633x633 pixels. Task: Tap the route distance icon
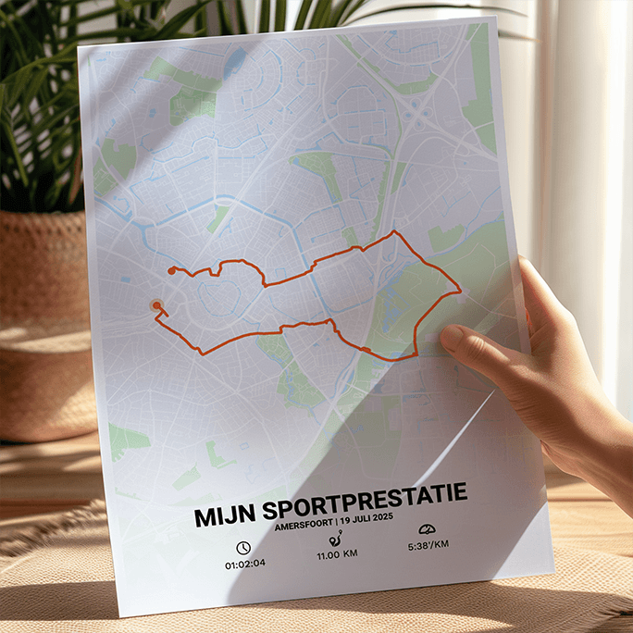pyautogui.click(x=335, y=539)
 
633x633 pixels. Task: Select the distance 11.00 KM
pyautogui.click(x=337, y=554)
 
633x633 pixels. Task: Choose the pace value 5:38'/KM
pyautogui.click(x=428, y=544)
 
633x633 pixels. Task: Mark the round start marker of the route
pyautogui.click(x=156, y=304)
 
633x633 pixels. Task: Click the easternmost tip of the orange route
pyautogui.click(x=460, y=292)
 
